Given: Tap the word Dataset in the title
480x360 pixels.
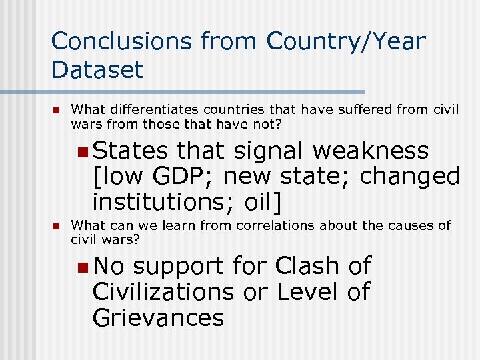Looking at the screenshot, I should (x=97, y=69).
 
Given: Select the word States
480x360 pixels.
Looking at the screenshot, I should (x=131, y=151).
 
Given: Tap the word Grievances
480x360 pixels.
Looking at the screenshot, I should (x=159, y=317).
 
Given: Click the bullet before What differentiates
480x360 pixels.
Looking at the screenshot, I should (x=57, y=109).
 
